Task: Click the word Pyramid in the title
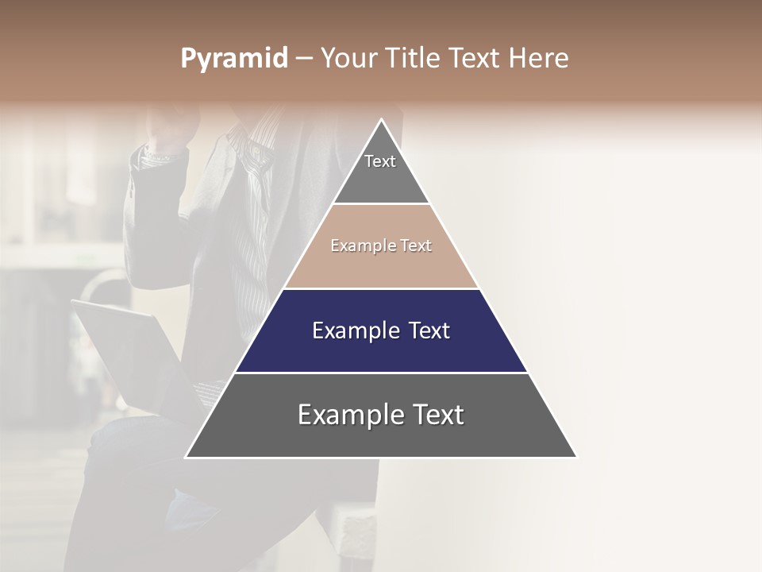click(233, 59)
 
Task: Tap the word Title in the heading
click(415, 59)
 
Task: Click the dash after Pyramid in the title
click(304, 59)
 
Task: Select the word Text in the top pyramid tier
click(380, 161)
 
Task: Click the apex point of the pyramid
click(381, 120)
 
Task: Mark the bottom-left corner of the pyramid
click(187, 457)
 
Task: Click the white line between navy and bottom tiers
click(381, 373)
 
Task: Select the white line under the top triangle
click(381, 204)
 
